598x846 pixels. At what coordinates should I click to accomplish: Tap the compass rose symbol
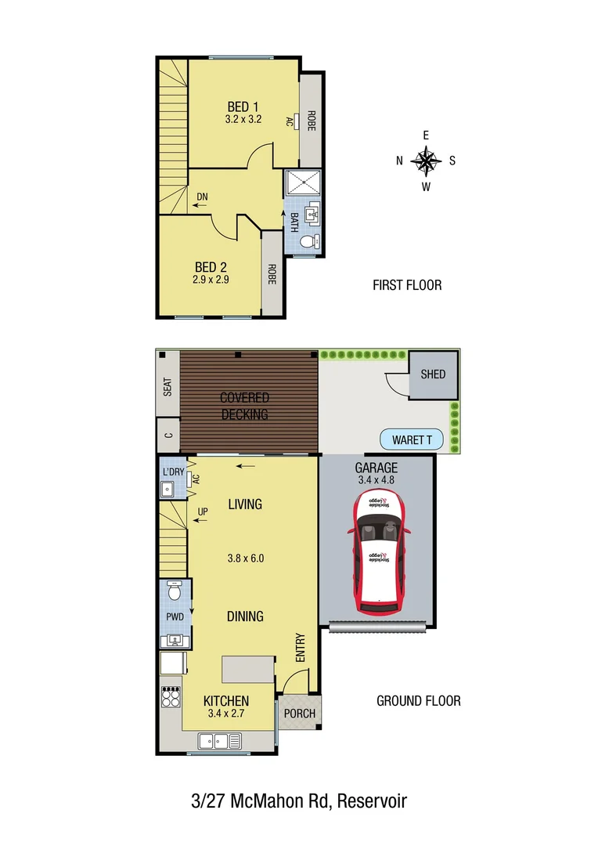point(426,161)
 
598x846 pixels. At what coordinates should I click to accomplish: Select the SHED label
point(433,374)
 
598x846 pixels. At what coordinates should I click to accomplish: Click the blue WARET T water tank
point(412,440)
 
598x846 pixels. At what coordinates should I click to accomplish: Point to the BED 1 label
point(243,107)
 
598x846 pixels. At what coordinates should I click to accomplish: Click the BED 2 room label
point(211,267)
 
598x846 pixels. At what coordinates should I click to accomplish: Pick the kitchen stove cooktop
point(171,696)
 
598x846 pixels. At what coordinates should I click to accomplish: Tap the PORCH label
point(300,714)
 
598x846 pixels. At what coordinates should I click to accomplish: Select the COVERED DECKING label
point(244,407)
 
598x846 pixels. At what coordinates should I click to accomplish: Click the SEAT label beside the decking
point(168,387)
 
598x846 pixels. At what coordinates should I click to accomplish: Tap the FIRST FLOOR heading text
point(407,285)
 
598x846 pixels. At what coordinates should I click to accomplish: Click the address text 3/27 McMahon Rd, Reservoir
point(299,801)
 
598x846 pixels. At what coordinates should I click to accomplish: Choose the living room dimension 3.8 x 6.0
point(245,559)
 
